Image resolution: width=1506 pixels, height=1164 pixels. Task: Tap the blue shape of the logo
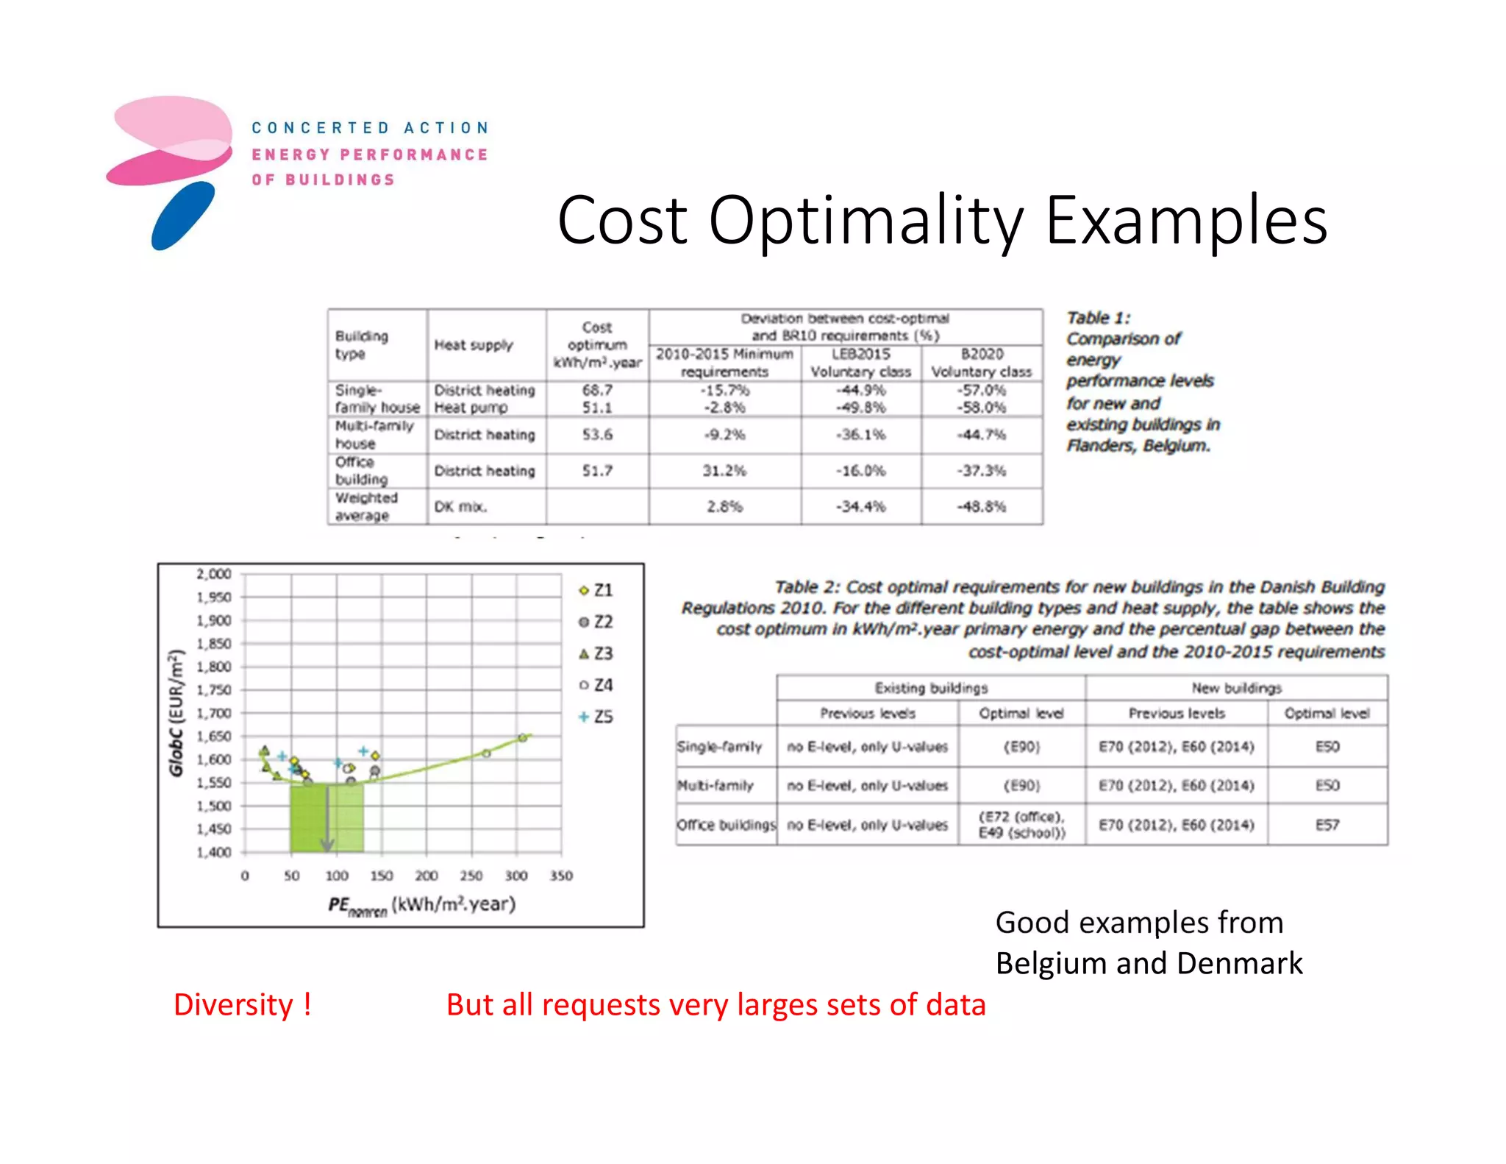click(x=182, y=216)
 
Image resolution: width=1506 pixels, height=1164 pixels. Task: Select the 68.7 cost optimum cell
click(x=597, y=390)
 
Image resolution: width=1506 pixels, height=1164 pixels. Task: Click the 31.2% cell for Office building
click(x=724, y=471)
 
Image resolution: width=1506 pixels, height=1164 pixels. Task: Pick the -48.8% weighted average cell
click(x=982, y=507)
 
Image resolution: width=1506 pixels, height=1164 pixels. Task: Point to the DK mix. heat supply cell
click(x=460, y=507)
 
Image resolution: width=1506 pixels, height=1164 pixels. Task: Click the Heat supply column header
click(x=474, y=345)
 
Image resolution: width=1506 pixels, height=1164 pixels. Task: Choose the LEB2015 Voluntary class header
click(x=860, y=363)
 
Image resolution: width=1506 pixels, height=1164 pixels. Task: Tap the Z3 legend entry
click(x=596, y=653)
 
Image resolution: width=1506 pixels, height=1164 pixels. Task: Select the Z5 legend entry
click(x=596, y=717)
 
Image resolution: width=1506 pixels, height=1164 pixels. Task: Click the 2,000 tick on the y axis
click(x=214, y=574)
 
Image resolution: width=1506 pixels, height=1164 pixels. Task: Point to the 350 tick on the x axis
click(x=561, y=876)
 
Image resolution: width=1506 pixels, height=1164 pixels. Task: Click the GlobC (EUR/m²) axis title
click(x=176, y=713)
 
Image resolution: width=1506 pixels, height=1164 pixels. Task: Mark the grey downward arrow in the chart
click(x=327, y=817)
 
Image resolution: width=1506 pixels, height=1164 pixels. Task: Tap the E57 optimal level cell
click(x=1327, y=825)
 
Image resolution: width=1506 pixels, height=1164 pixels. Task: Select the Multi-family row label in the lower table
click(x=715, y=786)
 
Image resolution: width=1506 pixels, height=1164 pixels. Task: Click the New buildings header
click(x=1236, y=688)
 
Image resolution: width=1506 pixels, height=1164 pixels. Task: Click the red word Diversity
click(x=233, y=1005)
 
